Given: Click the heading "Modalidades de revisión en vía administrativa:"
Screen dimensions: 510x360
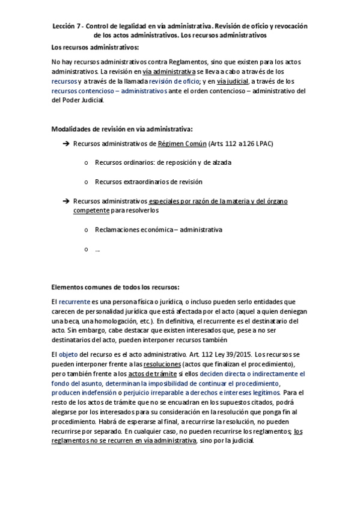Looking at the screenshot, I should pos(122,129).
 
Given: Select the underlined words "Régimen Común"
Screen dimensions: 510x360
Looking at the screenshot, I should pos(182,144).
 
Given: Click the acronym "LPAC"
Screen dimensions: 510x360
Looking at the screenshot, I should pos(261,144).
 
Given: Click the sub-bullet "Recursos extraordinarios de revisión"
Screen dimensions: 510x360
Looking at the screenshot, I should pos(148,182).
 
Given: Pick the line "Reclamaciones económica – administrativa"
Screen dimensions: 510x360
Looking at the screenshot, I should pos(159,230).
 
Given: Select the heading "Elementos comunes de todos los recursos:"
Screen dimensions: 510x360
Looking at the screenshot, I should pos(115,286).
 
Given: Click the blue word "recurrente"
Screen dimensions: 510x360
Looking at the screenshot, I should pos(74,301).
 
